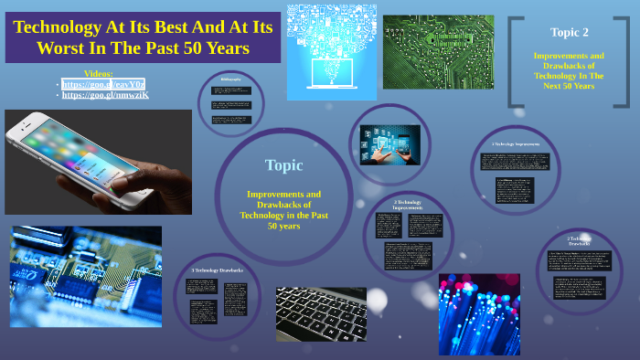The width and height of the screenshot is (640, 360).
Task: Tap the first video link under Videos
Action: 103,83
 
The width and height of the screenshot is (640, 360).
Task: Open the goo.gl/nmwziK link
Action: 104,95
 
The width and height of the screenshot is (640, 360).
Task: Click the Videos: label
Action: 98,72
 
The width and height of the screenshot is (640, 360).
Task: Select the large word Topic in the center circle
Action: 283,165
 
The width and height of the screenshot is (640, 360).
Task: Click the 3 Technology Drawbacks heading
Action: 218,270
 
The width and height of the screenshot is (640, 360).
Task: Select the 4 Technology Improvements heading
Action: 516,144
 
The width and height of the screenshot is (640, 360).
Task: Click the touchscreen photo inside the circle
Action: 389,143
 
